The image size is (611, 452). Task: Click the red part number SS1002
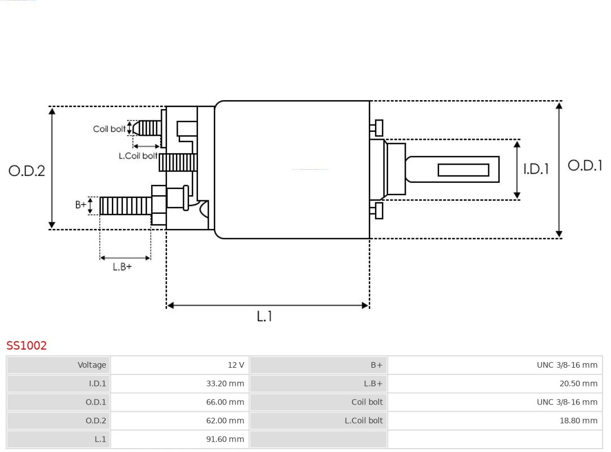tap(27, 346)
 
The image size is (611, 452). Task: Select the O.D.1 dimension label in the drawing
tap(585, 166)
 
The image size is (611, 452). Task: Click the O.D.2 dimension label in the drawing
tap(27, 171)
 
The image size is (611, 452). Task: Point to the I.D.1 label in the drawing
tap(535, 169)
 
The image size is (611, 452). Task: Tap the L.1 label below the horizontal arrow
tap(264, 317)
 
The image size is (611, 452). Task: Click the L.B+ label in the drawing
tap(122, 267)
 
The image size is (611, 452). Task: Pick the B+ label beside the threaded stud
tap(81, 205)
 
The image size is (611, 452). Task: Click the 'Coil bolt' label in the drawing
tap(109, 129)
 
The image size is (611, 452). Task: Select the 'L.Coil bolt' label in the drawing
tap(137, 156)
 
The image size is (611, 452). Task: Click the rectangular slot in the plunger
tap(463, 170)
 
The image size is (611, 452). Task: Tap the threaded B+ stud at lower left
tap(125, 206)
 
